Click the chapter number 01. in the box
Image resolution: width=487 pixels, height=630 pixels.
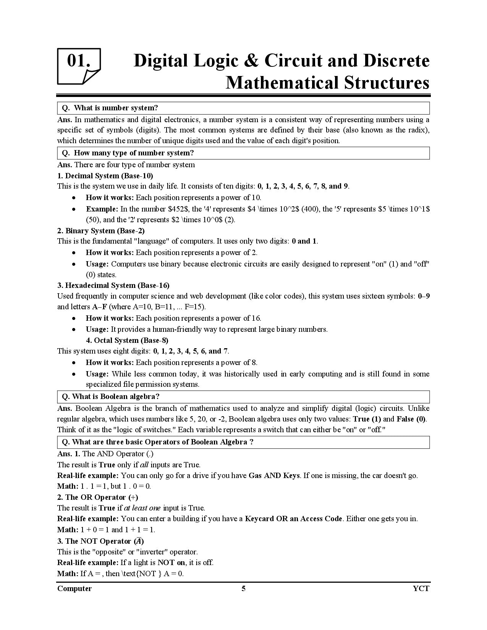coord(78,61)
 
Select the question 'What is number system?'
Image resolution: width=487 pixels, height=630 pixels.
coord(116,108)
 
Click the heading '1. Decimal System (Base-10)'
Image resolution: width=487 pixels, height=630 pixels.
coord(105,176)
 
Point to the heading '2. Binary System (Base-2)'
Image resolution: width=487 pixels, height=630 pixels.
coord(101,231)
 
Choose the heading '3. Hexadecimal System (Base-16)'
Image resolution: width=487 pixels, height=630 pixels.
coord(113,285)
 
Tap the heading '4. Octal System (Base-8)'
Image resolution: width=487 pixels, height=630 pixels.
coord(127,340)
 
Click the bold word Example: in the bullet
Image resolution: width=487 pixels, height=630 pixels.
coord(102,209)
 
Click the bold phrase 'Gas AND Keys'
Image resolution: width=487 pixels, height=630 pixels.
coord(274,475)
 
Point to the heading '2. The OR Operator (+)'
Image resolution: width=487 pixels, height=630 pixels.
coord(98,497)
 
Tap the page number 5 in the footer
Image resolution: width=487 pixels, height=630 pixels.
coord(243,588)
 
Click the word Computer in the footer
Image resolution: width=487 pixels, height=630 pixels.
coord(74,588)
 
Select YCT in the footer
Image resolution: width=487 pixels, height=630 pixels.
coord(421,588)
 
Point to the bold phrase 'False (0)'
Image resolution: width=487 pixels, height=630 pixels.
coord(411,419)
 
